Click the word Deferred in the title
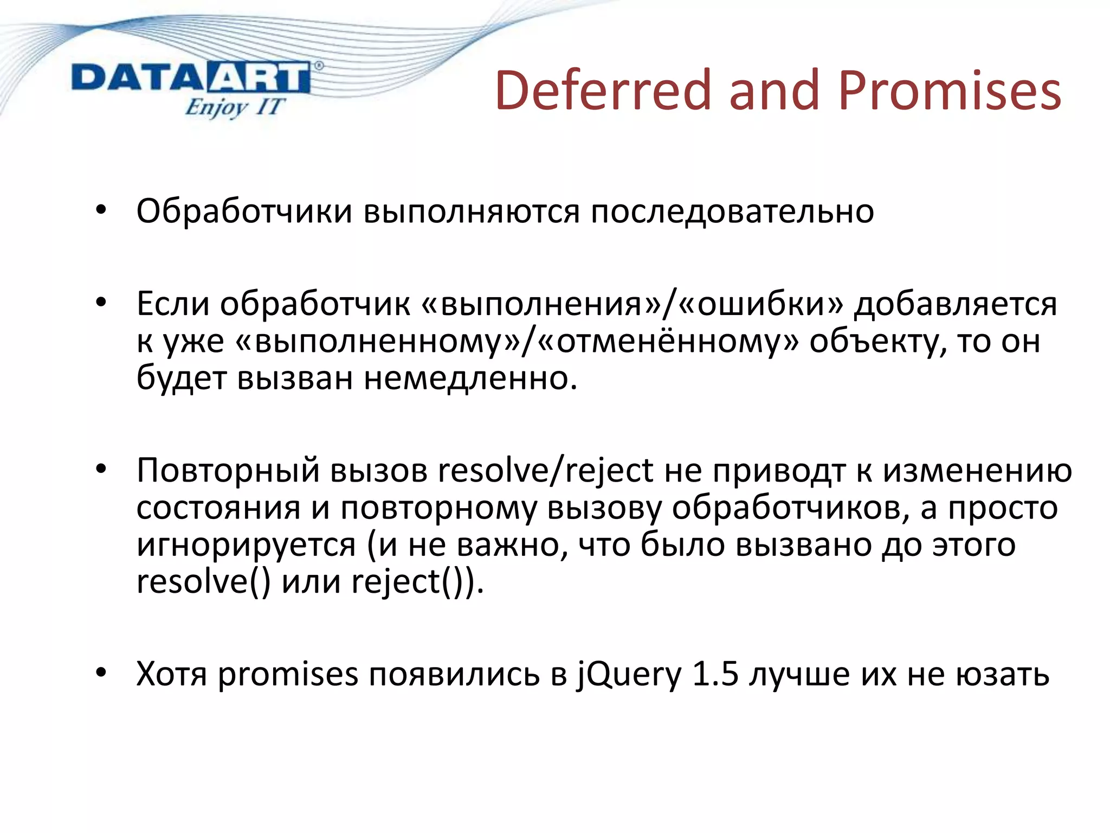click(x=602, y=90)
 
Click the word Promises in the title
click(x=949, y=90)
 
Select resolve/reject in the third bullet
click(x=545, y=470)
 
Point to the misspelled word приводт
click(x=779, y=470)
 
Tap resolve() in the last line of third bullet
click(x=203, y=581)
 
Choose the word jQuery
click(x=629, y=674)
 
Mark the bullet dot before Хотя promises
click(x=101, y=673)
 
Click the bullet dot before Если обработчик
click(x=101, y=303)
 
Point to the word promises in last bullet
click(x=288, y=674)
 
